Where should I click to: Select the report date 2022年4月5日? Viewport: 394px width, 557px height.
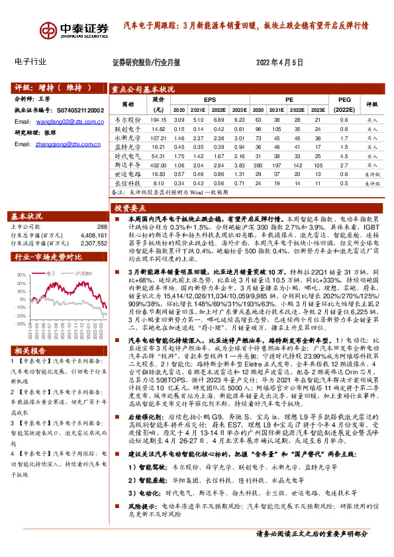[279, 62]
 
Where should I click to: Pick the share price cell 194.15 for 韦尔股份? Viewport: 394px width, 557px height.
[157, 120]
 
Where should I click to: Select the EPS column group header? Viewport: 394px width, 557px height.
[210, 99]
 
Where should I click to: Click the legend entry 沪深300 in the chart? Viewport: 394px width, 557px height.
[85, 271]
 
